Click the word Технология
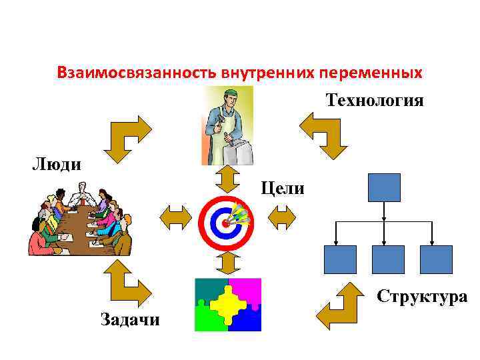coord(375,101)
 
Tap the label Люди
coord(57,164)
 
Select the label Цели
coord(283,189)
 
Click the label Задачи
coord(130,319)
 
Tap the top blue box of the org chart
coord(384,187)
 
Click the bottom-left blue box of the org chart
coord(339,259)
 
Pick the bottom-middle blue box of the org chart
coord(387,259)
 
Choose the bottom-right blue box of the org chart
coord(436,259)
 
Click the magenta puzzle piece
coord(245,291)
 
